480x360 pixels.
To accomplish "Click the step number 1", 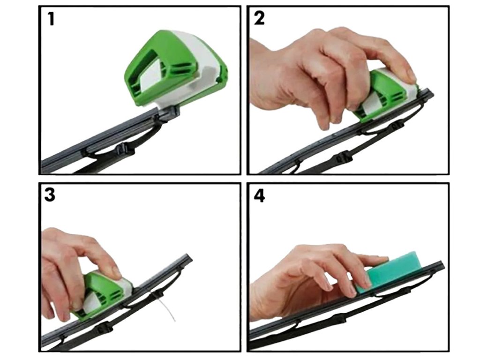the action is coord(51,19).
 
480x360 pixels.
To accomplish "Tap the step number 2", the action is coord(259,18).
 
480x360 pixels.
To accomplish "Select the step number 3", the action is coord(50,195).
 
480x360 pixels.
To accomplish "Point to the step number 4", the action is coord(259,195).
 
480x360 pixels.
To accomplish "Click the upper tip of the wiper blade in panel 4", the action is coord(441,263).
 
